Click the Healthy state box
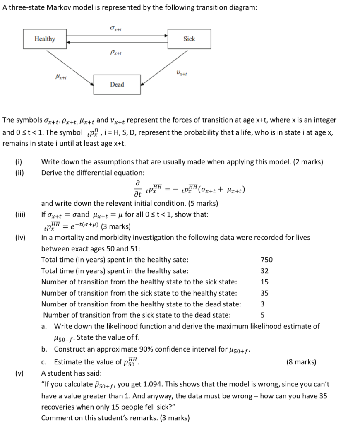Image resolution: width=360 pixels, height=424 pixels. [45, 39]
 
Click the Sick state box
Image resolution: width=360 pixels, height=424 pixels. [189, 39]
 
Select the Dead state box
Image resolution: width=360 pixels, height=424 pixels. [117, 84]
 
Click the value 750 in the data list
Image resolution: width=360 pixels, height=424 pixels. [266, 260]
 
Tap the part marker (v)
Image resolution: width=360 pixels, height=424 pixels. [19, 373]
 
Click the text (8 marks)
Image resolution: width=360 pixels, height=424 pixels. [301, 362]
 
